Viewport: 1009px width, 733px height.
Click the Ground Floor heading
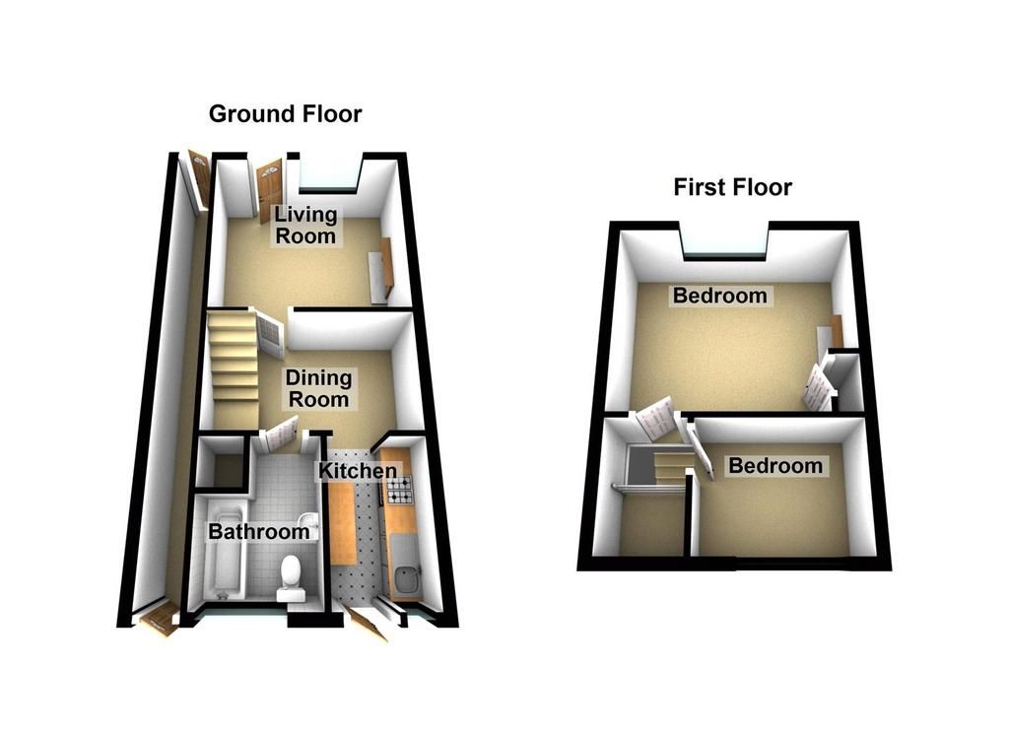285,114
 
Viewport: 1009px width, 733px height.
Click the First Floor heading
732,187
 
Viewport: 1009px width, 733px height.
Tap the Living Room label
305,225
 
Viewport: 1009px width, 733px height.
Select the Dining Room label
318,388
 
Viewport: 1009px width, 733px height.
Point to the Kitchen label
358,470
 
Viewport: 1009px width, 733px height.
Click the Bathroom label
259,532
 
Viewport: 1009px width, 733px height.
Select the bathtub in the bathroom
225,550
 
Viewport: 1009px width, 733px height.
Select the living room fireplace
381,270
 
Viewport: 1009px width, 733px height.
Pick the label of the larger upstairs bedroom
719,296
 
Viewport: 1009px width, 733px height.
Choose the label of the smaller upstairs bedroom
775,465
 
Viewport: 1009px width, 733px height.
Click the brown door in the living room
270,190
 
